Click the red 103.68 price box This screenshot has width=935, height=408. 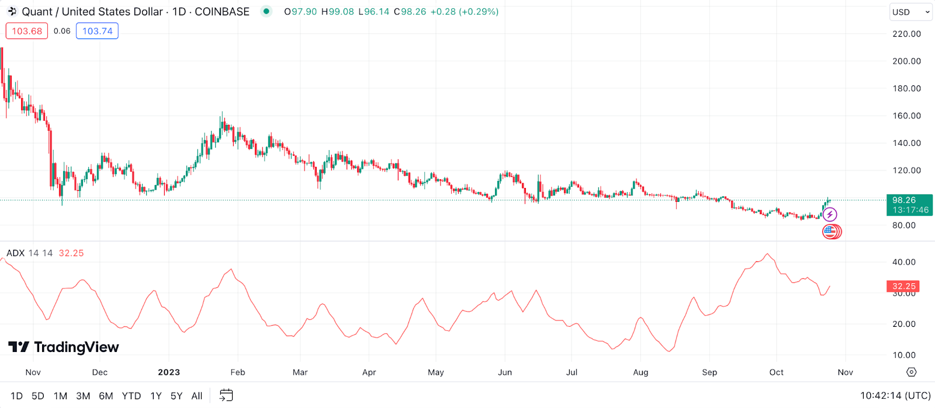click(x=27, y=31)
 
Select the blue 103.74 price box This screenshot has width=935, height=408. click(x=97, y=31)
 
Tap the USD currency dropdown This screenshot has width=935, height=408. click(x=910, y=12)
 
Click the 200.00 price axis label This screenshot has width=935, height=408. click(x=906, y=61)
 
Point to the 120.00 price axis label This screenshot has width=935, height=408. click(x=906, y=170)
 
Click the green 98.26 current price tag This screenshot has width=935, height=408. click(x=909, y=204)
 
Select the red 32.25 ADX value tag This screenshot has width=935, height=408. click(x=903, y=286)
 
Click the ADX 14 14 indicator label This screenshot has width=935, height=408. click(x=29, y=253)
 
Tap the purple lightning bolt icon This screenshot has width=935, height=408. click(x=829, y=215)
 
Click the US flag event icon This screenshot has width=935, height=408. click(x=830, y=232)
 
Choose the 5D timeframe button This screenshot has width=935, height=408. click(x=38, y=396)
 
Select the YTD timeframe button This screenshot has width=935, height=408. click(x=131, y=396)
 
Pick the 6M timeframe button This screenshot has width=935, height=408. click(x=106, y=396)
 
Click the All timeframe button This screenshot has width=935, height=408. click(x=197, y=396)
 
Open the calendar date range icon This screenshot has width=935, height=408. click(x=226, y=395)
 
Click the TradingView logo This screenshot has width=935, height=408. click(x=64, y=347)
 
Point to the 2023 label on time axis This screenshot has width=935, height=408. click(x=169, y=372)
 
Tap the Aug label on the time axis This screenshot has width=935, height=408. click(x=640, y=372)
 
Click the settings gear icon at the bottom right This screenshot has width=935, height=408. click(x=911, y=372)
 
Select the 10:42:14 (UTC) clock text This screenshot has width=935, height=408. click(x=895, y=396)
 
